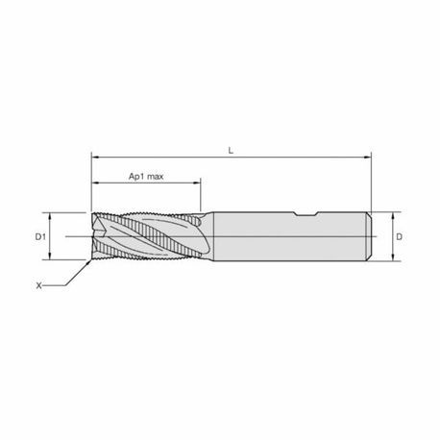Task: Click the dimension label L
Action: [x=231, y=151]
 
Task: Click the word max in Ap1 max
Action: [x=156, y=177]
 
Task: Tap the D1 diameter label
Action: [x=40, y=237]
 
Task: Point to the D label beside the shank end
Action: [x=399, y=237]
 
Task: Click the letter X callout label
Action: [x=38, y=285]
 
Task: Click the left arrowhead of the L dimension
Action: [x=95, y=158]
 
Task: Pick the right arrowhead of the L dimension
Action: [x=368, y=158]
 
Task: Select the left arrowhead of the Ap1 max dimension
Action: [x=95, y=183]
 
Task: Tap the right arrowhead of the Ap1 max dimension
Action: [x=197, y=183]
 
